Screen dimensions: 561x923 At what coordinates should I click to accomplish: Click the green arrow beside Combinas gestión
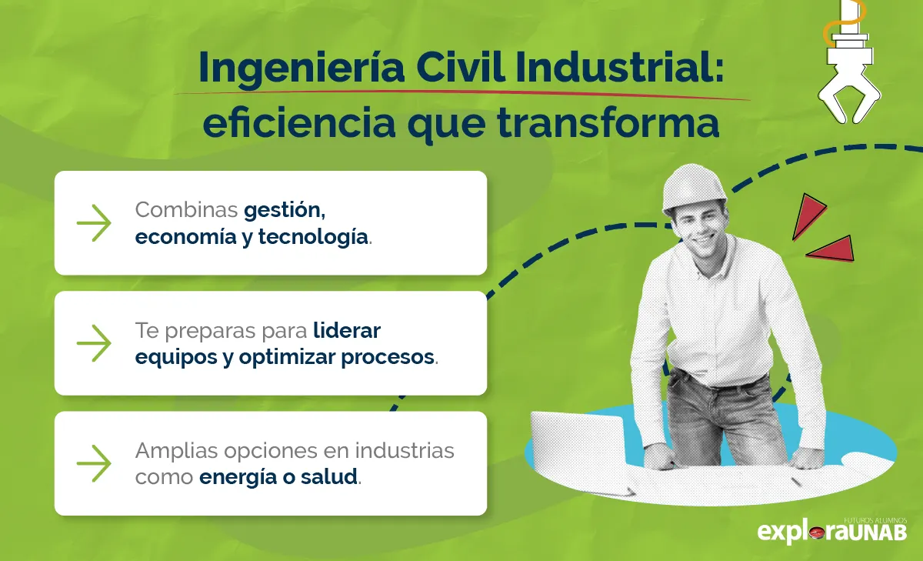tap(94, 223)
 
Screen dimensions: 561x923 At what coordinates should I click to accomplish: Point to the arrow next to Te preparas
tap(94, 343)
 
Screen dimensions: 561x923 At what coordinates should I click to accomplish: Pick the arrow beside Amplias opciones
tap(94, 463)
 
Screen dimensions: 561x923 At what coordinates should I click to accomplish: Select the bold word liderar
tap(347, 331)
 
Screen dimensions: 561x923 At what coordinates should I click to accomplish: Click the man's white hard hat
tap(694, 187)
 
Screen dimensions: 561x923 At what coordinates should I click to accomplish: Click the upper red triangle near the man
tap(807, 214)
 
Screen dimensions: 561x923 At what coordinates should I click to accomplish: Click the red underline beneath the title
tap(461, 94)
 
